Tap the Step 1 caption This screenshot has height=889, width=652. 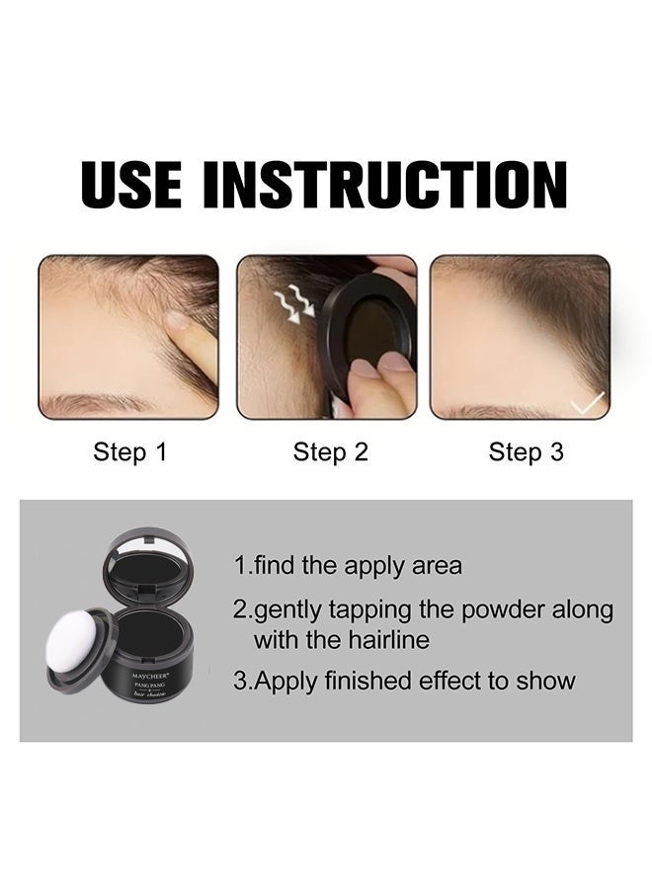point(129,452)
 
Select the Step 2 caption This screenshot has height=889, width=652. point(330,452)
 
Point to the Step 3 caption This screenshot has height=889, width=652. point(526,452)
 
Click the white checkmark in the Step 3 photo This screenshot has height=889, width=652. point(589,401)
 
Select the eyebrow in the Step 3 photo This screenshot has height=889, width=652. point(494,410)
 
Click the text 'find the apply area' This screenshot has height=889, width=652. point(357,566)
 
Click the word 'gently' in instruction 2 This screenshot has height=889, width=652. point(286,610)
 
